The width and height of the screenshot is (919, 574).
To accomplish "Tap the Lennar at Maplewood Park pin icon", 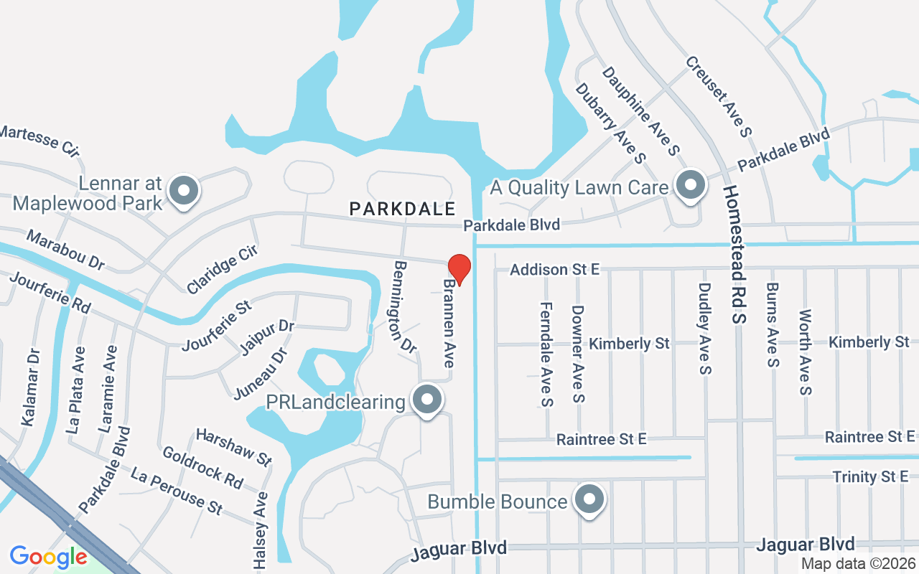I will [x=184, y=191].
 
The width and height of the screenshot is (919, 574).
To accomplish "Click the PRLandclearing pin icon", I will [x=428, y=399].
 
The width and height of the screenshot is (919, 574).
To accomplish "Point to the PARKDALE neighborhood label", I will [x=402, y=209].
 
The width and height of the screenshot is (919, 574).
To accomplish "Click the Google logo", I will [x=48, y=557].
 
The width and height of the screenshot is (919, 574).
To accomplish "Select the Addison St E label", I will [x=554, y=270].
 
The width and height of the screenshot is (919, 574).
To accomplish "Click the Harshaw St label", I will [x=233, y=446].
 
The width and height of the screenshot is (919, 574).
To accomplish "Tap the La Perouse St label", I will [x=177, y=491].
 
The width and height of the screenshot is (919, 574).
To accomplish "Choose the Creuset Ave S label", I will [x=718, y=96].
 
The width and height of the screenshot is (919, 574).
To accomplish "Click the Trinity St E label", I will [x=870, y=476].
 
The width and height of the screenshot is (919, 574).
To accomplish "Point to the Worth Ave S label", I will [x=805, y=352].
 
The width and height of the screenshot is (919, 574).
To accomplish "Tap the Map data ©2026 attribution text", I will [x=858, y=564].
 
